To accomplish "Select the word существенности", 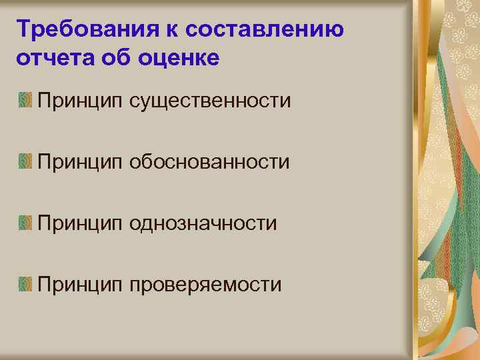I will pyautogui.click(x=211, y=101).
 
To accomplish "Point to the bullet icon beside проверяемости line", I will pyautogui.click(x=25, y=285).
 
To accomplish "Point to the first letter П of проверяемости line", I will pyautogui.click(x=45, y=285).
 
